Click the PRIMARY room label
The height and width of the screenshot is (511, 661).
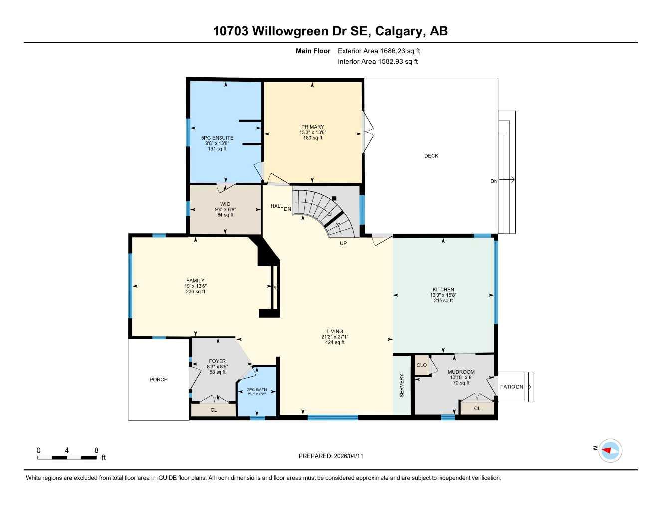point(312,127)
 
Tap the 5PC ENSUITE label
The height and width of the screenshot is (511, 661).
point(217,138)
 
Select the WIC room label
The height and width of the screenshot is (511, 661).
point(225,204)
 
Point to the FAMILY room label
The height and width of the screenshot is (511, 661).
point(195,281)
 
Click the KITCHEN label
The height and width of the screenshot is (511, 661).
point(443,290)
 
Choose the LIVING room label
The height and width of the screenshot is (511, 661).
point(335,331)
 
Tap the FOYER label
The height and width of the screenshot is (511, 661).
point(217,361)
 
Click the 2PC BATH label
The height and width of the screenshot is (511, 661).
point(257,389)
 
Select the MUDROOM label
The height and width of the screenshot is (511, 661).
point(461,372)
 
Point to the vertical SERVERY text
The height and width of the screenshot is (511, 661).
point(402,385)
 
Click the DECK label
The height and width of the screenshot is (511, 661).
point(431,156)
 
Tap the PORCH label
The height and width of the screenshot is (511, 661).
point(159,380)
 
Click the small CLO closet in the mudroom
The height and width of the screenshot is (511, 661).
point(422,365)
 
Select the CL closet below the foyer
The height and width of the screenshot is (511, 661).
point(214,410)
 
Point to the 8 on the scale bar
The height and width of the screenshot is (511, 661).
point(96,450)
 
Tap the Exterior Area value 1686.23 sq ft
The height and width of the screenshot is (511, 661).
point(400,51)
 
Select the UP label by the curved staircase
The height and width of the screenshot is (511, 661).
point(343,243)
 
